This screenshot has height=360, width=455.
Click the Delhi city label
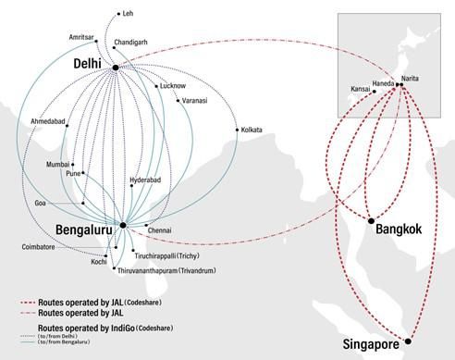click(91, 63)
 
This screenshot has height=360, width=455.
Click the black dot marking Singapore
click(408, 341)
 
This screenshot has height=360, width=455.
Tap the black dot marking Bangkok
click(371, 221)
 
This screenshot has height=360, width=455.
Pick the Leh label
click(128, 14)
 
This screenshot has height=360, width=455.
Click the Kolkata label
click(251, 130)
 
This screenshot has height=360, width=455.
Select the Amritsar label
click(81, 37)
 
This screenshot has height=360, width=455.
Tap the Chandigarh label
click(129, 43)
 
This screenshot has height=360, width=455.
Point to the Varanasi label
click(195, 100)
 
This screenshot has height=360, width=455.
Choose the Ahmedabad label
click(48, 122)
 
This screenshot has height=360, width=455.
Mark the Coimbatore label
click(39, 247)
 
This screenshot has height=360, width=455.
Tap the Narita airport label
click(412, 78)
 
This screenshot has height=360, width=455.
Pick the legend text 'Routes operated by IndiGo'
click(88, 329)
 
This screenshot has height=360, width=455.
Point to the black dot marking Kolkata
click(238, 129)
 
